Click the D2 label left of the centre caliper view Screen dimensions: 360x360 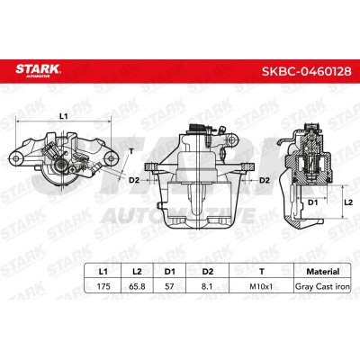click(x=133, y=180)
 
